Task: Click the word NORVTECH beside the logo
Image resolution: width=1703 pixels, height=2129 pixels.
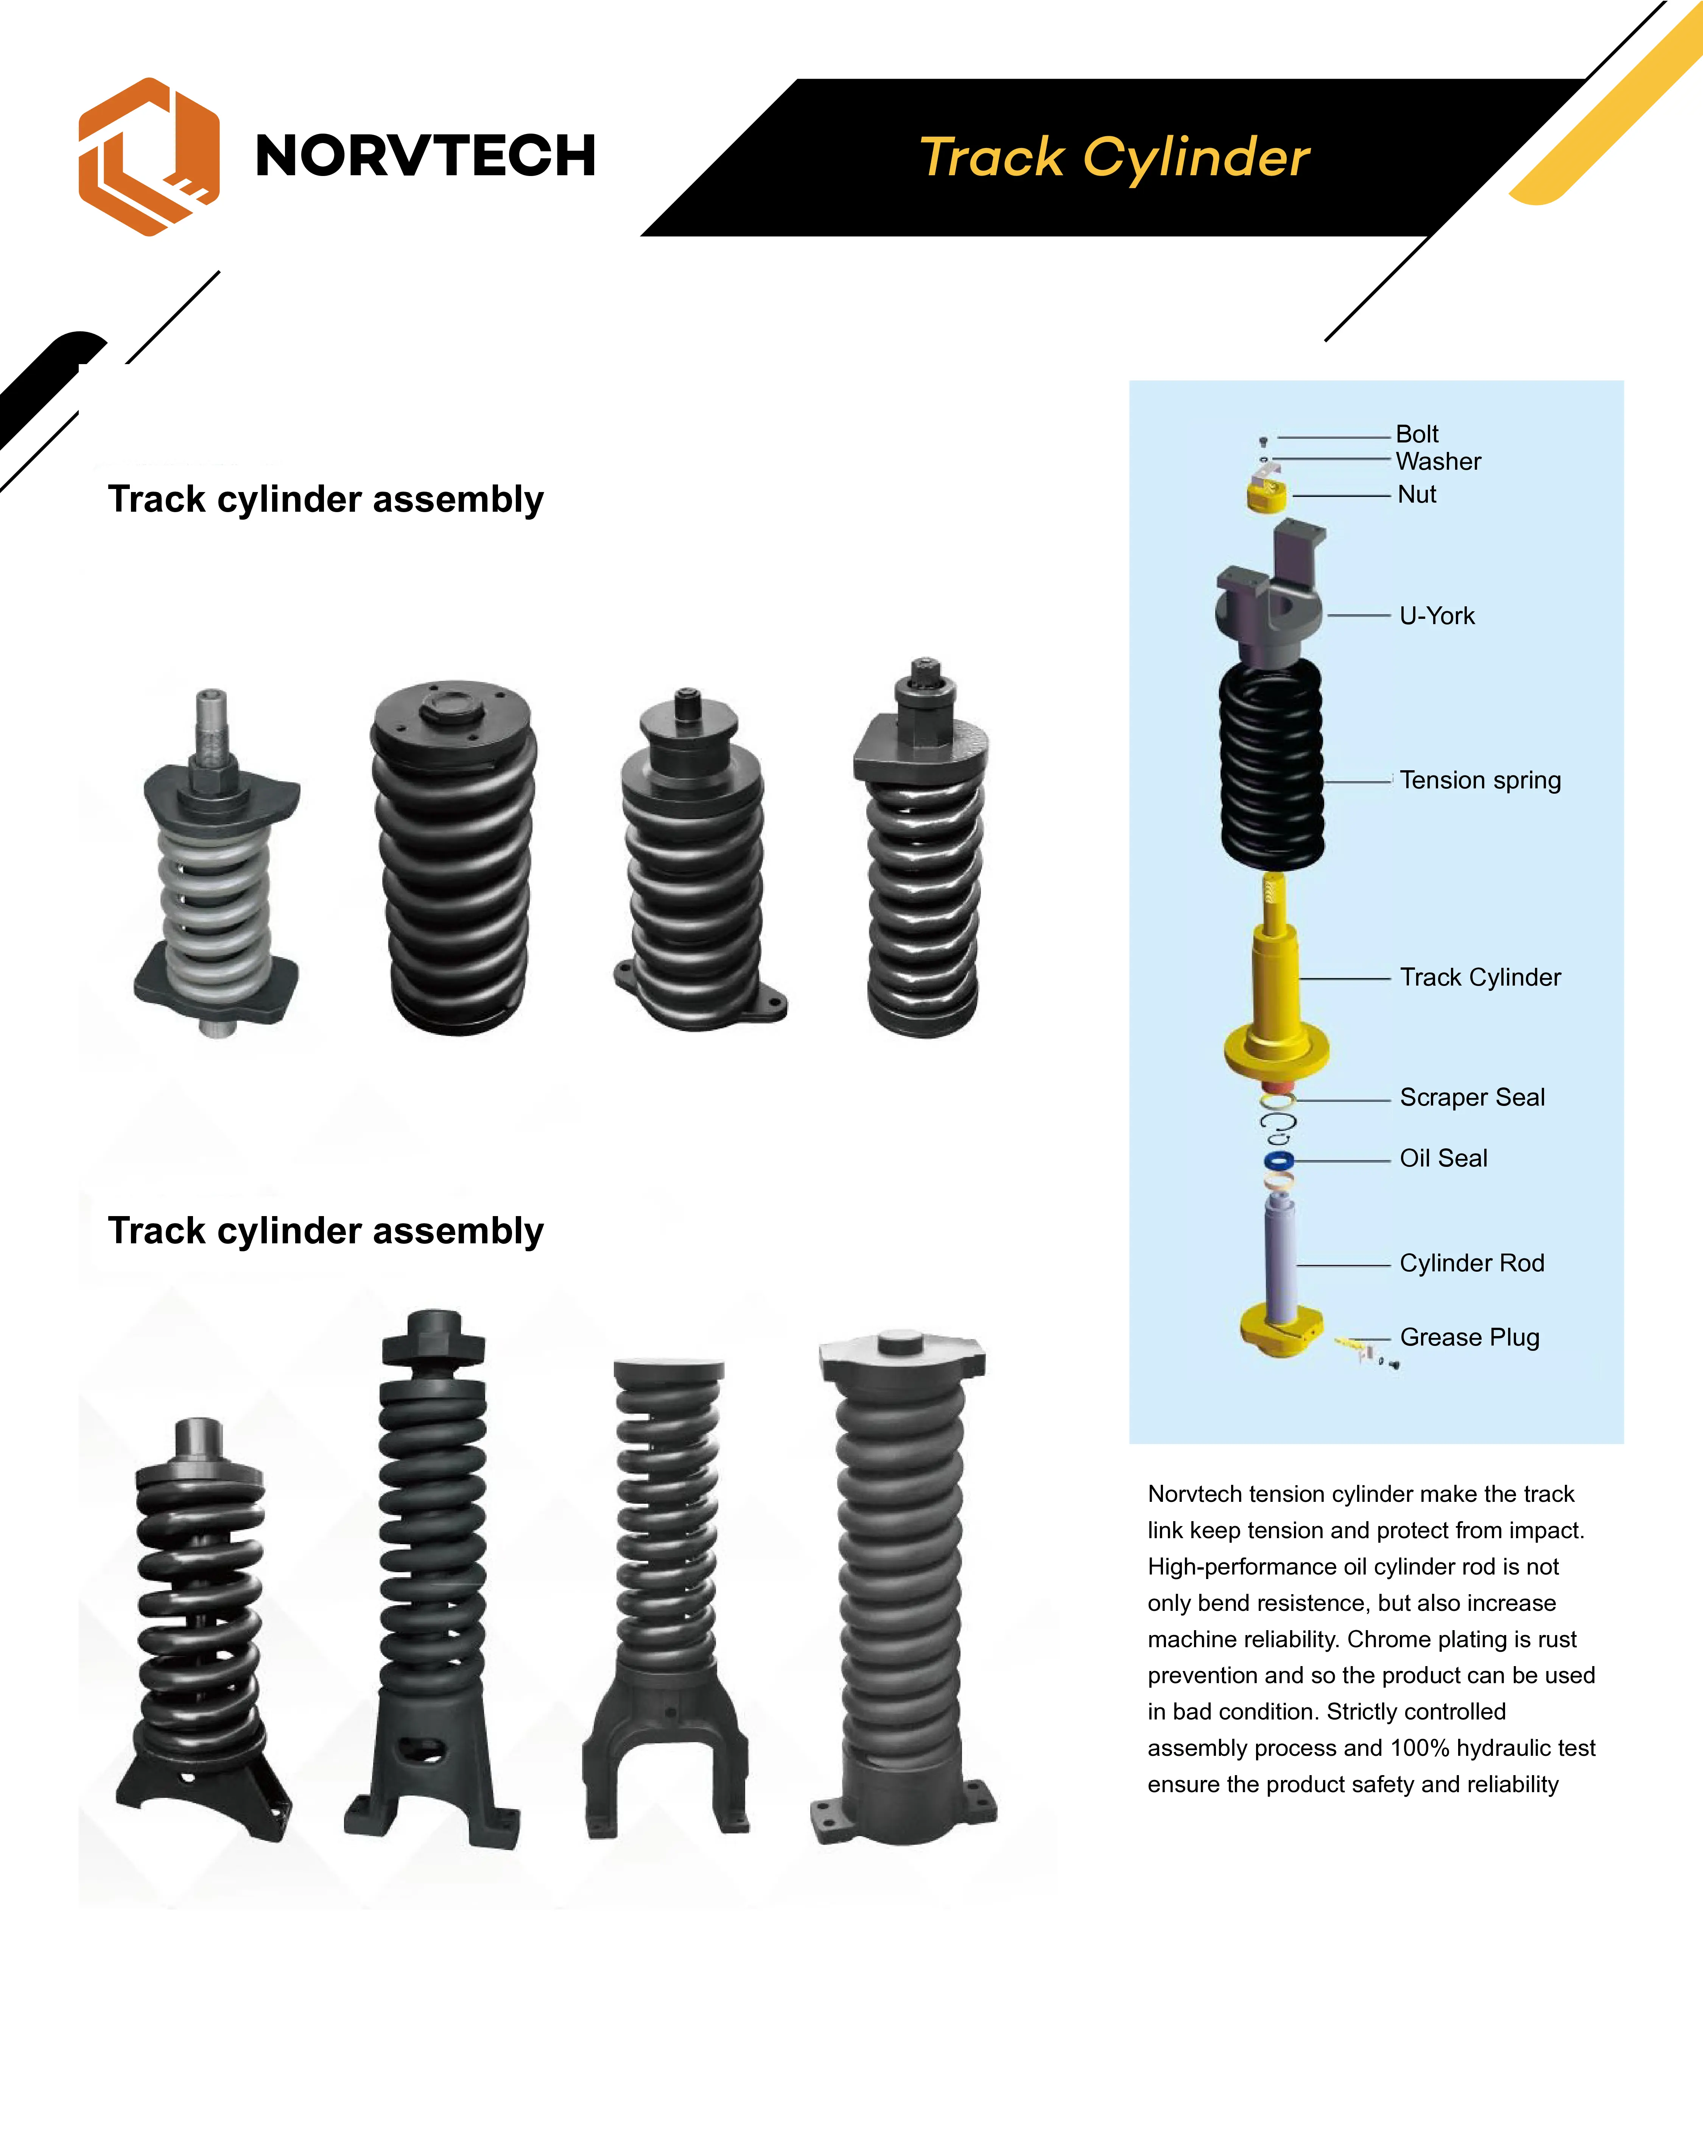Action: pyautogui.click(x=425, y=156)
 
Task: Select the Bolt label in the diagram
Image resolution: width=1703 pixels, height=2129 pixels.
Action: pyautogui.click(x=1417, y=435)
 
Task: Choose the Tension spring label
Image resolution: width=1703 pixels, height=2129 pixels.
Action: pyautogui.click(x=1480, y=780)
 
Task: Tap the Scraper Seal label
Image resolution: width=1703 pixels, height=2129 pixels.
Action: pyautogui.click(x=1472, y=1097)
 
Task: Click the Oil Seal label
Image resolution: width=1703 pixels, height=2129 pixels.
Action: pyautogui.click(x=1443, y=1158)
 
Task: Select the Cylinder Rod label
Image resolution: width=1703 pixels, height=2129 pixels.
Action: pyautogui.click(x=1472, y=1263)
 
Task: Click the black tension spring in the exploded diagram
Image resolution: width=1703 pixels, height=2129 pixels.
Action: pyautogui.click(x=1272, y=765)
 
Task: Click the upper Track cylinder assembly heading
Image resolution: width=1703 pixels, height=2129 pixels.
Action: pyautogui.click(x=326, y=500)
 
